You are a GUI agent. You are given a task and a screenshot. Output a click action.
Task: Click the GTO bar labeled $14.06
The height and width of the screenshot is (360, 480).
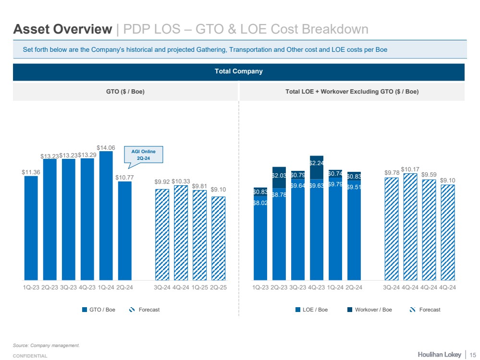[x=106, y=216]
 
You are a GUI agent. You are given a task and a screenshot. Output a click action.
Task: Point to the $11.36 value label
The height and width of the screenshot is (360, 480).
[x=31, y=171]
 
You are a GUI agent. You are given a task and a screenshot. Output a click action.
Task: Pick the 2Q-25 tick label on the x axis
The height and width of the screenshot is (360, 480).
[x=219, y=287]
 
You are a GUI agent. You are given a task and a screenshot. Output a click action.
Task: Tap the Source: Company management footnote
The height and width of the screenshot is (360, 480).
[x=46, y=345]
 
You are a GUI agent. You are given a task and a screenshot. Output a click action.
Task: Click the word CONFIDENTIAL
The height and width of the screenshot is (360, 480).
[x=30, y=356]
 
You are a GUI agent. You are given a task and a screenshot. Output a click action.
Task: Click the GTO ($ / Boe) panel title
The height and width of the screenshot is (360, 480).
[x=125, y=92]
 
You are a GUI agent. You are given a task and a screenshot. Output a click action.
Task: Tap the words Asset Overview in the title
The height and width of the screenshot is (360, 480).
[x=62, y=29]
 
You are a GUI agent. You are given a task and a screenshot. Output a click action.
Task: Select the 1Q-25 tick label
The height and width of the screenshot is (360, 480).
[x=199, y=287]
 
